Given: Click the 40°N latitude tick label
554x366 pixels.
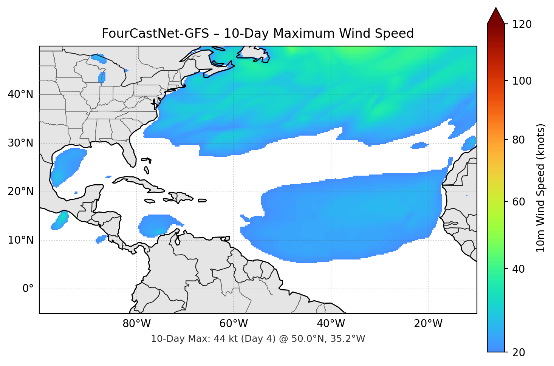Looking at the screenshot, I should pos(20,94).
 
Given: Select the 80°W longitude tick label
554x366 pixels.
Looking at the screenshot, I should pos(136,324).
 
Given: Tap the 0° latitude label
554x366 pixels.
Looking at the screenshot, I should pos(28,289).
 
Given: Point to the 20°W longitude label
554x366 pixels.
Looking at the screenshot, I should pos(428,324).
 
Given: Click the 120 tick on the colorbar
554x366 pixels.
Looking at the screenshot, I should pos(522,24).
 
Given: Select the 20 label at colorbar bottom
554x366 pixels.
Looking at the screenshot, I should pos(518,352).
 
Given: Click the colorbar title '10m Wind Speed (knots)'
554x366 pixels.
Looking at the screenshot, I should pos(541,188).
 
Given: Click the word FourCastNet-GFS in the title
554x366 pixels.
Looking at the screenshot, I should pos(155,34).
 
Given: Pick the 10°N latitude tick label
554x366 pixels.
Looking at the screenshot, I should pos(20,240).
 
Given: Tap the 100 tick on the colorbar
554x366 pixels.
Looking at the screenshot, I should pos(522,81).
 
